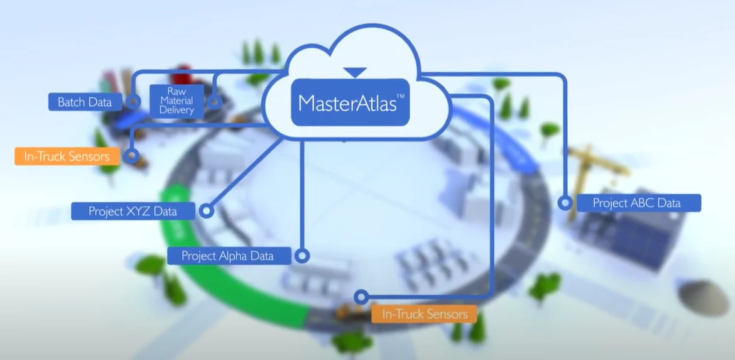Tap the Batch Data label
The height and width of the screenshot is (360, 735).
coord(85,102)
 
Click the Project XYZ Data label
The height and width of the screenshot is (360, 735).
coord(133,211)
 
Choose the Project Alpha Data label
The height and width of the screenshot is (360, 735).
coord(227,256)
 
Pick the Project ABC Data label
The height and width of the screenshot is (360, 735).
coord(637,203)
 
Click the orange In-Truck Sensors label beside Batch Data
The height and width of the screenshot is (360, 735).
coord(67,156)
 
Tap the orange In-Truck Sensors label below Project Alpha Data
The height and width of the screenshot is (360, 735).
coord(424,314)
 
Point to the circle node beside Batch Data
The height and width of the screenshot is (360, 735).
coord(133,101)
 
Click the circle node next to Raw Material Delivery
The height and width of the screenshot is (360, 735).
coord(214,101)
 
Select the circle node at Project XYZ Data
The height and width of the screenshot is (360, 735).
coord(207,211)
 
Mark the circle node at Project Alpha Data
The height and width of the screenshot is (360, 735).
coord(302,256)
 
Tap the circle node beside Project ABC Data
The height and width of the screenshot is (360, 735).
coord(565,203)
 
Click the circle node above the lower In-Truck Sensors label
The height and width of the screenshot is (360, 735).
coord(361,297)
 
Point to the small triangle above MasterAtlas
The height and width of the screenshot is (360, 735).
coord(355,72)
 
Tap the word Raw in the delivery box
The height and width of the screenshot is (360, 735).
coord(176,91)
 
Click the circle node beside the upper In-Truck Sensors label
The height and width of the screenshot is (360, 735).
coord(131,155)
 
